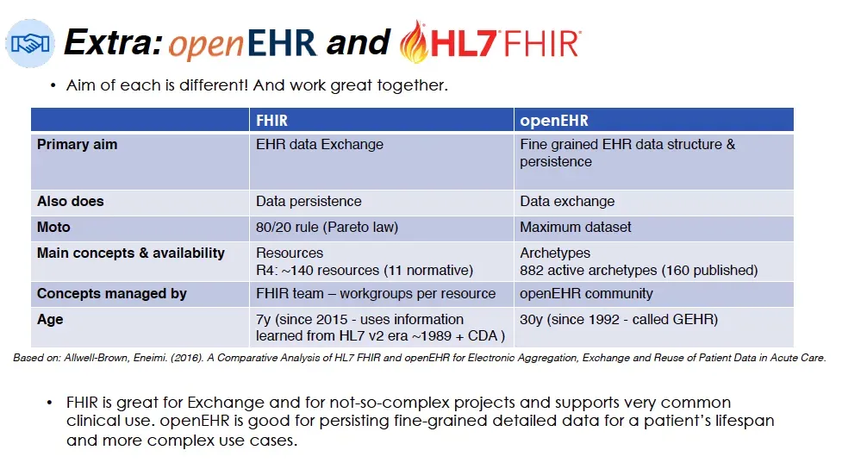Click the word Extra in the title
pos(112,42)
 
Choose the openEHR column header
pos(554,120)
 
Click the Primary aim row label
pos(77,145)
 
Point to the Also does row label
pos(70,202)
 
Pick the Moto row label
pos(53,228)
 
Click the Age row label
pos(50,320)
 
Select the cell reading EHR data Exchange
pos(319,145)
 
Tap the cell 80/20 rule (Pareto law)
pos(327,228)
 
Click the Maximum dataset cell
pos(575,228)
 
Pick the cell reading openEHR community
pos(586,294)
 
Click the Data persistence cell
pos(309,202)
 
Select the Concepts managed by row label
pos(112,294)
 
